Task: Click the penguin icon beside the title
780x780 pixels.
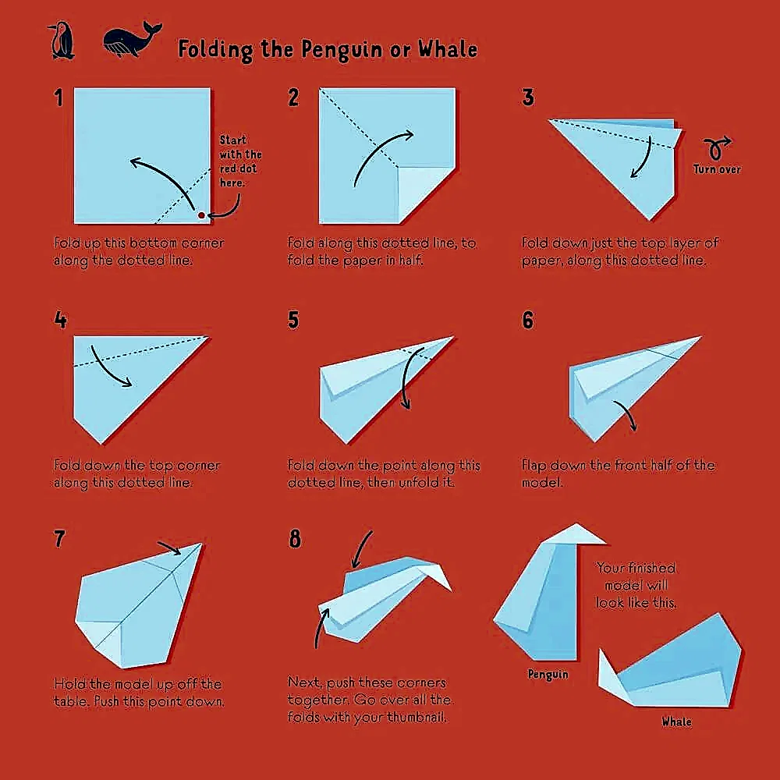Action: tap(61, 41)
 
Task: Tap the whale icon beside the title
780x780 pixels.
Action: tap(131, 41)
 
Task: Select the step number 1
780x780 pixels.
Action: tap(58, 97)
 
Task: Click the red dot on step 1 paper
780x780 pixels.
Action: tap(201, 214)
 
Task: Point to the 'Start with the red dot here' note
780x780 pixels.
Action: tap(239, 161)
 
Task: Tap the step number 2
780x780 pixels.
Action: tap(293, 97)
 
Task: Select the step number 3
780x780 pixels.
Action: tap(528, 97)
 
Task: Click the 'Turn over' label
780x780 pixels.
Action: tap(717, 169)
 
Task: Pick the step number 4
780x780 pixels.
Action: tap(60, 320)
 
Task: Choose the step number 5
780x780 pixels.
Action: tap(293, 320)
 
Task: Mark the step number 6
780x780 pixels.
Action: tap(528, 320)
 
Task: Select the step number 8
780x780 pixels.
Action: tap(294, 539)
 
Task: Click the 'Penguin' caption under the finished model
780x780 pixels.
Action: tap(548, 674)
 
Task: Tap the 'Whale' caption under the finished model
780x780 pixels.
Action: tap(676, 721)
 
